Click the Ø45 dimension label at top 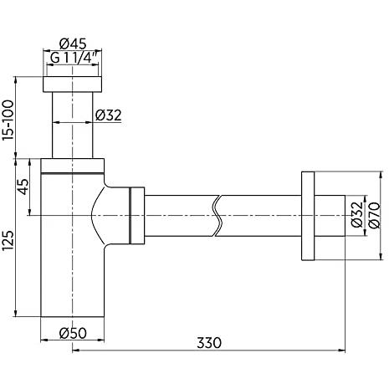point(73,44)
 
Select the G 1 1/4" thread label point(74,58)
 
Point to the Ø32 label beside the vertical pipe point(109,115)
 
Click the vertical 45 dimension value point(23,187)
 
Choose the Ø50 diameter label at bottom point(73,333)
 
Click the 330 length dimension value point(209,343)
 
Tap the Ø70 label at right point(374,215)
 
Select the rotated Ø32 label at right point(357,214)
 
